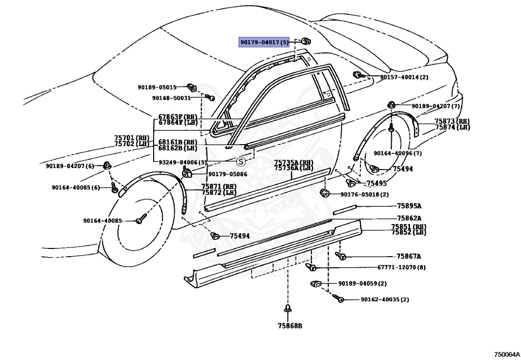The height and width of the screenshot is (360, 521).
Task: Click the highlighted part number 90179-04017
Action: click(264, 42)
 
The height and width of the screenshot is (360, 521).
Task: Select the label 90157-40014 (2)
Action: click(404, 77)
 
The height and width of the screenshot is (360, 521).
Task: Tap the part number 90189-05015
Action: click(157, 88)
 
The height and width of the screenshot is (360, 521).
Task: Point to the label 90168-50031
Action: click(171, 98)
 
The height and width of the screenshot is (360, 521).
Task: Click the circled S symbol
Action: click(241, 161)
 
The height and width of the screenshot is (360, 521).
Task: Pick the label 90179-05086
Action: click(227, 174)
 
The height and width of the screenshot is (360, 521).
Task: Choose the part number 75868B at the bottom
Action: click(290, 326)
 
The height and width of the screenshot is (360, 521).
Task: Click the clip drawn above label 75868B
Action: click(288, 309)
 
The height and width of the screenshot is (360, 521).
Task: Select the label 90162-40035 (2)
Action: click(385, 299)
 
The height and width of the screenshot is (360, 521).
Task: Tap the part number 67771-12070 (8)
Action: click(401, 267)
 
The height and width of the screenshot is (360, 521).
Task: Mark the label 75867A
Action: click(409, 256)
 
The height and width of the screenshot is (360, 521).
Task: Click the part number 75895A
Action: click(409, 206)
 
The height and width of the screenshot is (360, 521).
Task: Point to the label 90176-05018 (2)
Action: click(364, 195)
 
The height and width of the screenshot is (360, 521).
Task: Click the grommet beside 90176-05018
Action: click(324, 192)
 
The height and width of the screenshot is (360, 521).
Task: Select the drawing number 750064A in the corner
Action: click(506, 354)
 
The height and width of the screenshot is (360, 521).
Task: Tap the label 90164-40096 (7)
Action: click(397, 153)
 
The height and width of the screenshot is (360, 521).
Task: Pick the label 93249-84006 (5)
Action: click(183, 162)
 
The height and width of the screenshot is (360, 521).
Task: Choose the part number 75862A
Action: click(409, 218)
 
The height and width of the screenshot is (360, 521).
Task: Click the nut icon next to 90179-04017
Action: click(306, 41)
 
